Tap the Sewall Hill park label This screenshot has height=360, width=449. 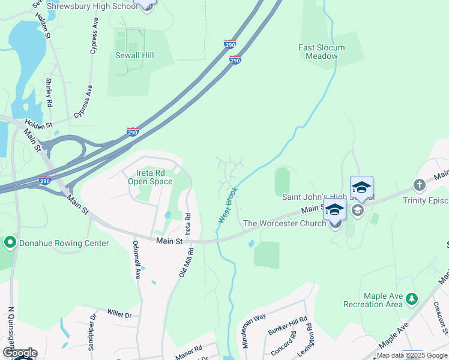pos(134,55)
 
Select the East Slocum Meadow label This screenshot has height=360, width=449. pos(322,52)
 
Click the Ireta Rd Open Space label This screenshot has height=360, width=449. pos(151,178)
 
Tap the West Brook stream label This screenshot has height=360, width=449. pos(228,205)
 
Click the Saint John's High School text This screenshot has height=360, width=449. pos(328,197)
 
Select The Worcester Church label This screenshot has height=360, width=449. pos(284,223)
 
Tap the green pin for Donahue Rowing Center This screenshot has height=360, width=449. pos(10,243)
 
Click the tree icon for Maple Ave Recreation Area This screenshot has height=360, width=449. pos(411,298)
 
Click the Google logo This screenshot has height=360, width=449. pos(20,353)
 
